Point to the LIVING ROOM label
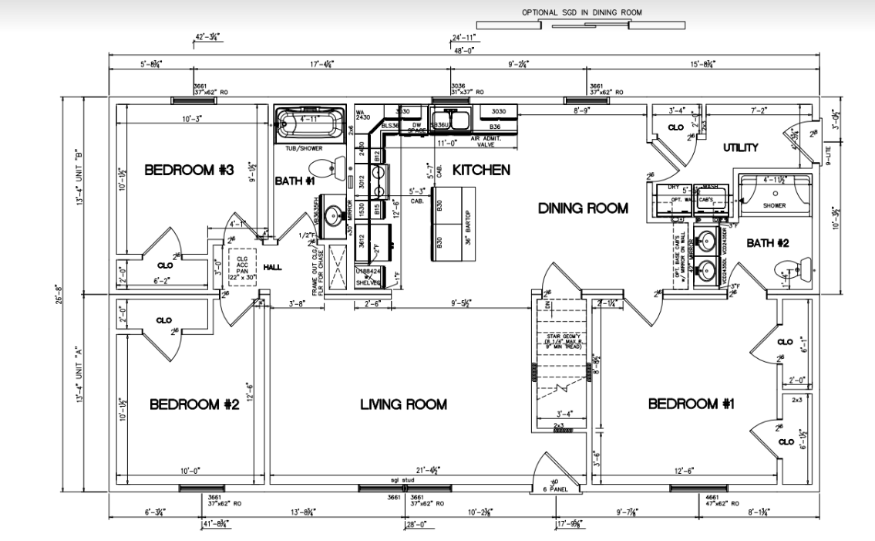(x=403, y=404)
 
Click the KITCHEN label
(x=480, y=169)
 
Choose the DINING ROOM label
(x=583, y=208)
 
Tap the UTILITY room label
(x=740, y=147)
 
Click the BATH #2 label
(x=768, y=244)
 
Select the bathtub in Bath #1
(x=308, y=123)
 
